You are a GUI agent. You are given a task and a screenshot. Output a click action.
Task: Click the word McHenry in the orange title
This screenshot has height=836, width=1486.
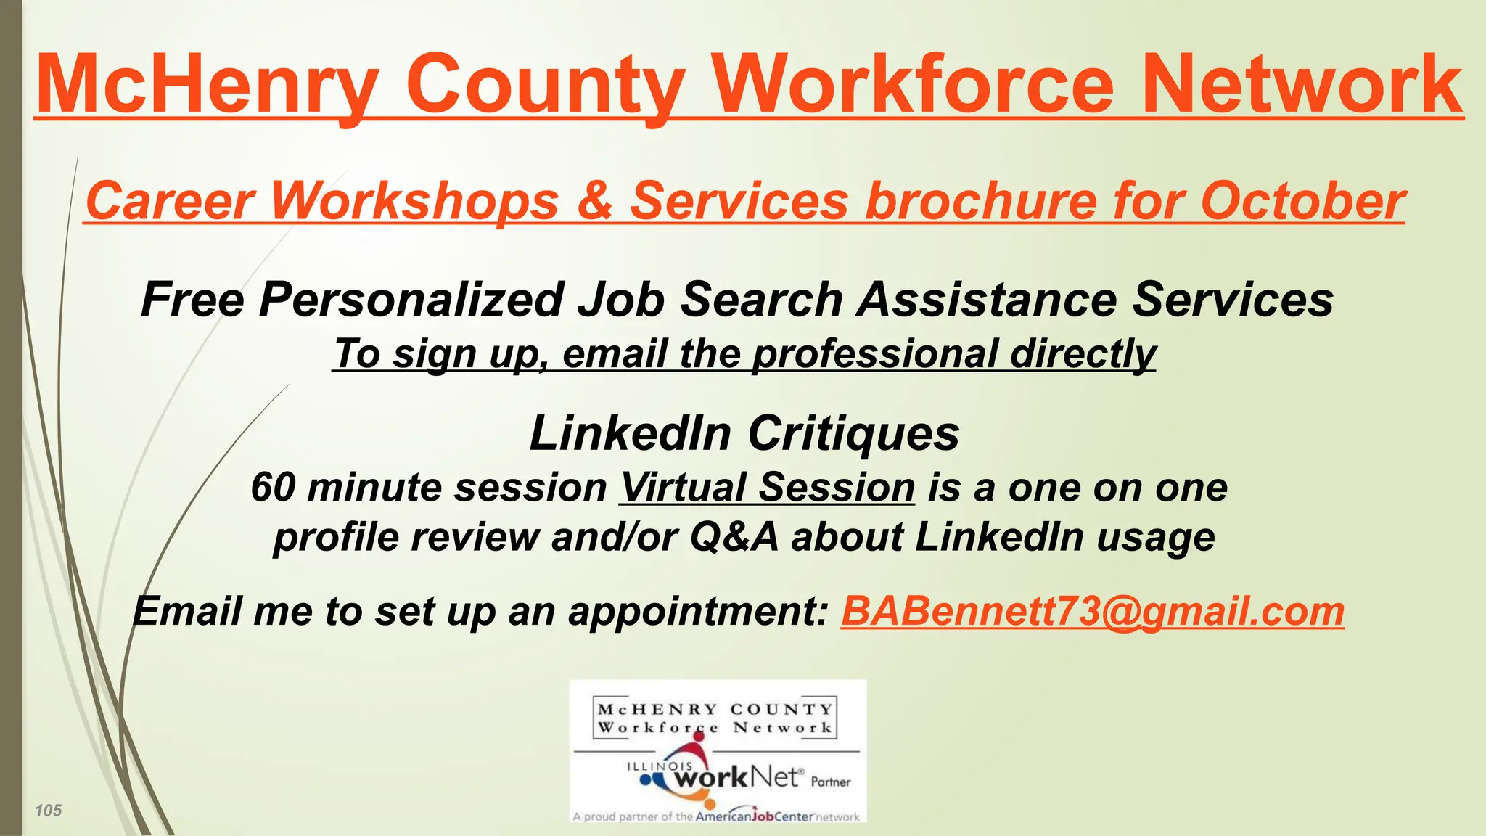click(208, 85)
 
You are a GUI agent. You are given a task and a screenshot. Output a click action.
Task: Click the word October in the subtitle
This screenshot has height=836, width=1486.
click(1303, 200)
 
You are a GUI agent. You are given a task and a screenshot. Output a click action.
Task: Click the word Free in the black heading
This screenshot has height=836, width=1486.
click(192, 299)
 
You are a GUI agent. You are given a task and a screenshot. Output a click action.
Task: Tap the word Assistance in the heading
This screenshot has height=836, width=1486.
click(987, 299)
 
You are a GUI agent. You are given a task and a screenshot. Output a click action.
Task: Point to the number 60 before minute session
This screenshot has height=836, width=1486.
click(274, 487)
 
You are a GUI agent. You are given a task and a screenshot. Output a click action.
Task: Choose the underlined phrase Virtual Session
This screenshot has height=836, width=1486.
click(767, 487)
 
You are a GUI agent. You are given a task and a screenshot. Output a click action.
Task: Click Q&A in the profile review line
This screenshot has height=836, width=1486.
click(734, 537)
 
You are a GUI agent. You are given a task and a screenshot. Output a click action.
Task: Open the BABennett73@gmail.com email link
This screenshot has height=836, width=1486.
click(1092, 611)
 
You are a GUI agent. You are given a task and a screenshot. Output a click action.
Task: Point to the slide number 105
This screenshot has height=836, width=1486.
click(49, 811)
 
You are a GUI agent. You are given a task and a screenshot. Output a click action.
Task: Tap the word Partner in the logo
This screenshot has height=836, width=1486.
click(831, 782)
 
